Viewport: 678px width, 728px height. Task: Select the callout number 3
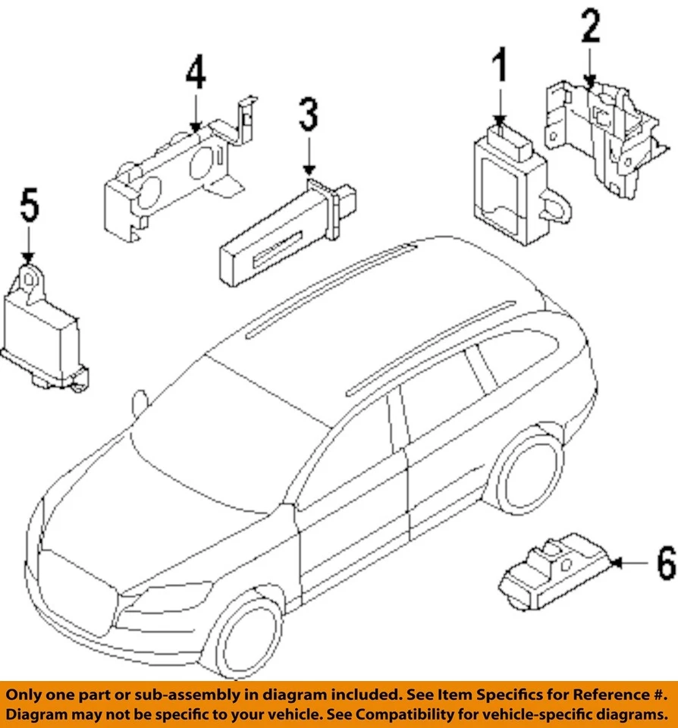point(308,118)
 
